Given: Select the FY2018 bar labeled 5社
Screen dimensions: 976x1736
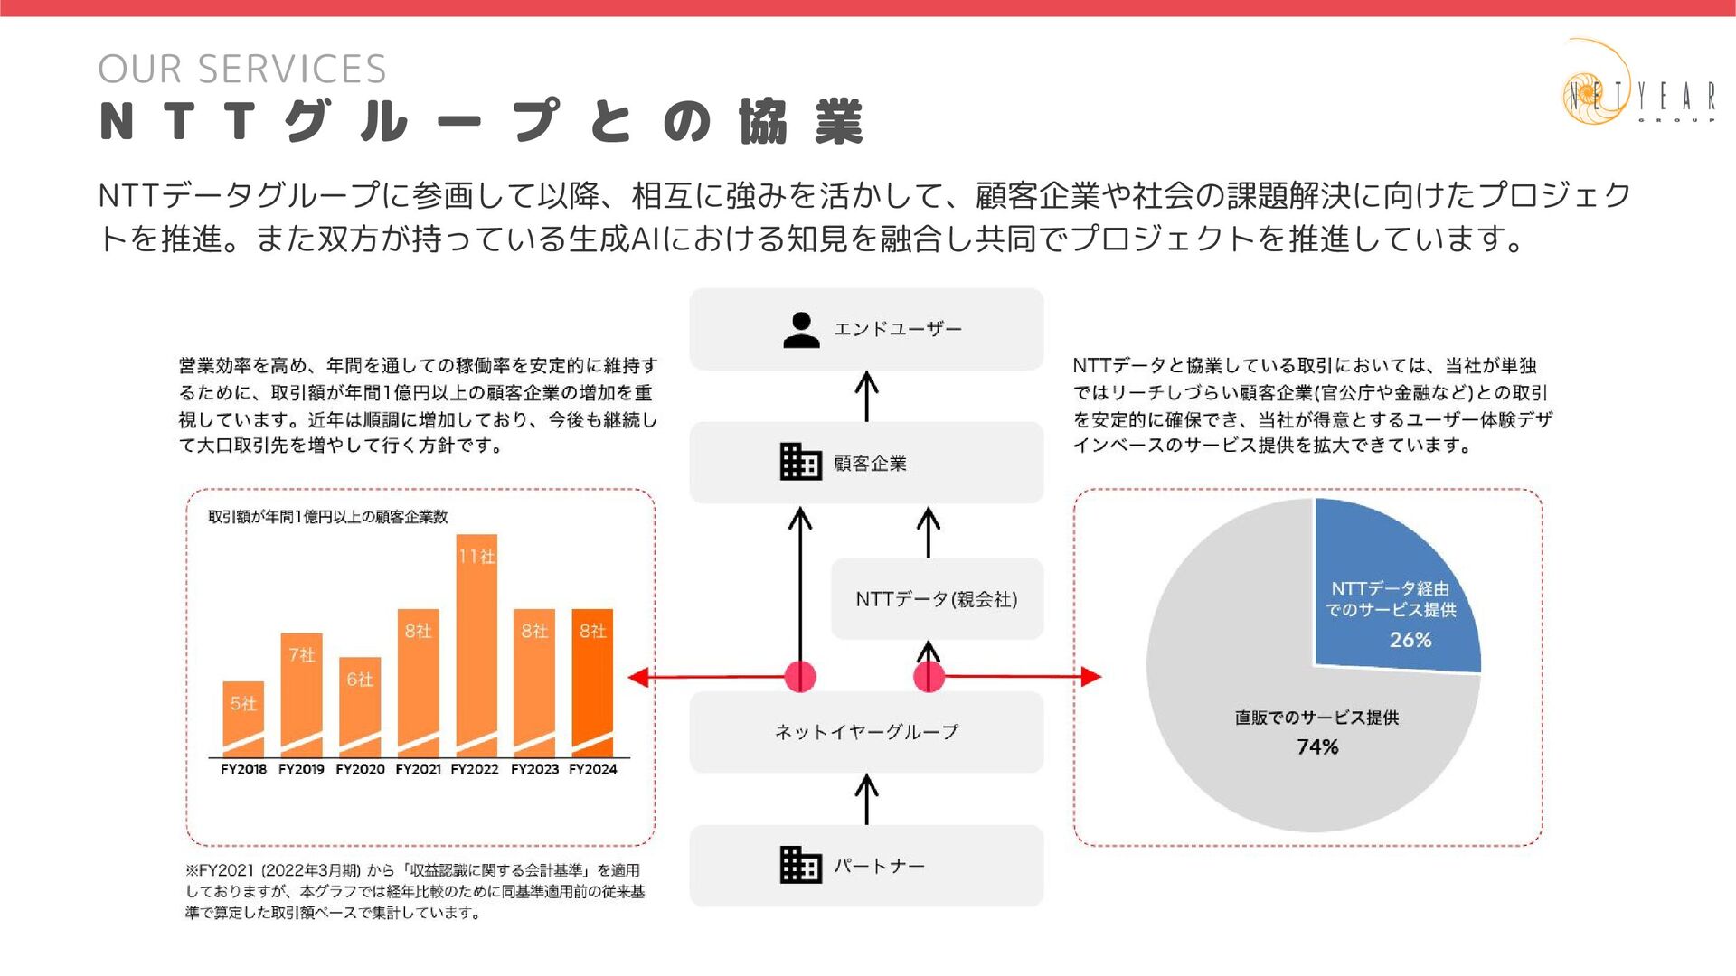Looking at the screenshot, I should coord(243,718).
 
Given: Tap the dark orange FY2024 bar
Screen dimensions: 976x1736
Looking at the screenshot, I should coord(592,682).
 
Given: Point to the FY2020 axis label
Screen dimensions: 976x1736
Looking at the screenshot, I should coord(360,769).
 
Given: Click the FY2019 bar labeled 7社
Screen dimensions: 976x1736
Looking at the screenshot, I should coord(301,694).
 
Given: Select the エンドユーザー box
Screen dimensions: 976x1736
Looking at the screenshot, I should coord(866,329).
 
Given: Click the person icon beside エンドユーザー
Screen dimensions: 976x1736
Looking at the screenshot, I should coord(801,330).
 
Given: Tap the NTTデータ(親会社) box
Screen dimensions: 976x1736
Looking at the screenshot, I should coord(937,599).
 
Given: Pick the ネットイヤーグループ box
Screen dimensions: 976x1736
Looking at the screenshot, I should coord(866,732).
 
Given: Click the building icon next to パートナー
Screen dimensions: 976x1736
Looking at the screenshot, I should coord(800,865).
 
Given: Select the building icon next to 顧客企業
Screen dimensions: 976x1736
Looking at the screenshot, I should coord(800,463).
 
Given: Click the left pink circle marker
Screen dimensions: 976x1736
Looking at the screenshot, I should coord(800,676).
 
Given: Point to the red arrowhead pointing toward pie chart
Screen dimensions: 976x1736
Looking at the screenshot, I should coord(1091,676).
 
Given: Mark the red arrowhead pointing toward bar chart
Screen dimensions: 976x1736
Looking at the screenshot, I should coord(638,677).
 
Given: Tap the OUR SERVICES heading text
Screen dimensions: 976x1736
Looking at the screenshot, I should coord(242,70).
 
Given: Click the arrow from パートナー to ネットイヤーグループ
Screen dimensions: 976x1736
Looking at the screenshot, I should coord(866,799).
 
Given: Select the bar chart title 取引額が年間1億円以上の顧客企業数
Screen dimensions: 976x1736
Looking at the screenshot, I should coord(328,517).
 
